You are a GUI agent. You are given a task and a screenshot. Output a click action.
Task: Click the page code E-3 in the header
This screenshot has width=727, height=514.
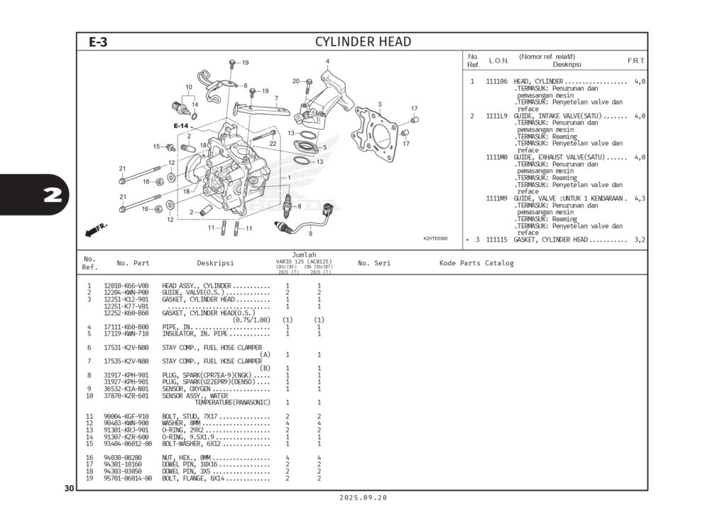click(98, 42)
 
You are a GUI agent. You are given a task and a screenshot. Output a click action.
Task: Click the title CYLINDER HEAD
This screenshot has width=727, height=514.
click(363, 42)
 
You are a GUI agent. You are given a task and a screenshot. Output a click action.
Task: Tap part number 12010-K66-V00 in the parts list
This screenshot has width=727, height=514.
click(126, 286)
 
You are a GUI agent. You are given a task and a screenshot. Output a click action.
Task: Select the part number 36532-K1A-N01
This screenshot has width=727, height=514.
click(126, 389)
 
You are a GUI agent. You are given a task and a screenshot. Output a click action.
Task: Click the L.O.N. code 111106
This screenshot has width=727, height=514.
click(496, 82)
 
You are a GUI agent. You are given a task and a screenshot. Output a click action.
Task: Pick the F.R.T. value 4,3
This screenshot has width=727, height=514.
click(639, 198)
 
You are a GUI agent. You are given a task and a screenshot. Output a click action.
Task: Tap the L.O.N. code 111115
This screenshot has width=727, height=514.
click(496, 240)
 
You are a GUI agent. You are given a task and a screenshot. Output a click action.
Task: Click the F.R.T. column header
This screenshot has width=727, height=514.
click(636, 61)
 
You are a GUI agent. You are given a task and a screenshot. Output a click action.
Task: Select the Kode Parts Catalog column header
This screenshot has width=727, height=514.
click(476, 263)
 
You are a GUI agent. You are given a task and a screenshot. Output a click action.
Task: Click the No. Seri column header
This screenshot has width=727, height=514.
click(374, 263)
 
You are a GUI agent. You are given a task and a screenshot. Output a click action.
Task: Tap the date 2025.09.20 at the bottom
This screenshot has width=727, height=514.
click(363, 498)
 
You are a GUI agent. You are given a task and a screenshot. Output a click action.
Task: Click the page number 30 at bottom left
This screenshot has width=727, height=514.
click(69, 488)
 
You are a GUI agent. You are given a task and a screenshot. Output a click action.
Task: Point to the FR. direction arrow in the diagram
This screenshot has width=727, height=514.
click(95, 230)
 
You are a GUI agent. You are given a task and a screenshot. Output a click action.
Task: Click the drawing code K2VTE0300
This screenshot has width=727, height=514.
click(435, 239)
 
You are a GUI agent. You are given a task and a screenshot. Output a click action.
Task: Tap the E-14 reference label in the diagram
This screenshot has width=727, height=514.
click(181, 126)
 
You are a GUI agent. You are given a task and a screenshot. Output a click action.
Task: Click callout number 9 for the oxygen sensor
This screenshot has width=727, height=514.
click(310, 233)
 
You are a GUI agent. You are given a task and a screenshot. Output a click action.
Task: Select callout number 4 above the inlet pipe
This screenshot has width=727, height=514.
click(327, 62)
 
